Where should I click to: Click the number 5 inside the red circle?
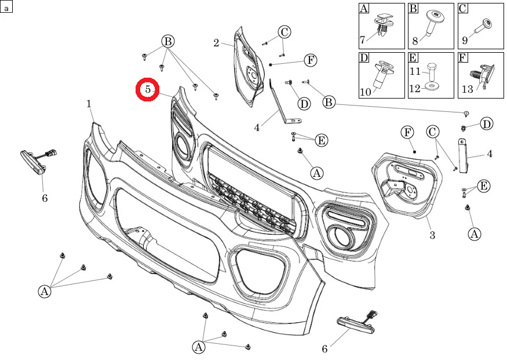coord(147,89)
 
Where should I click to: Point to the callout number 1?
coord(89,104)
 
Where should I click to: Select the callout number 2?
coord(216,42)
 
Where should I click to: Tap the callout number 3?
coord(432,235)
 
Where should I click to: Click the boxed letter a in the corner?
coord(6,6)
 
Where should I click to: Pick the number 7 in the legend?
coord(362,40)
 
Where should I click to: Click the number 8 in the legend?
coord(415,41)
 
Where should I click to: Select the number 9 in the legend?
coord(465,41)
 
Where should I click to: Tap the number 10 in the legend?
coord(365,92)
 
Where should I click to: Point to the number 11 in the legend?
coord(415,72)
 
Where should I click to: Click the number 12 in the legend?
coord(415,88)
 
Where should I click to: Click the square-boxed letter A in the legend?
coord(364,8)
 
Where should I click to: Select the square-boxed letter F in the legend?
coord(463,57)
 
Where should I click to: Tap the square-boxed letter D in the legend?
coord(364,57)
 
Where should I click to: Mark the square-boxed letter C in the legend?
coord(463,8)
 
